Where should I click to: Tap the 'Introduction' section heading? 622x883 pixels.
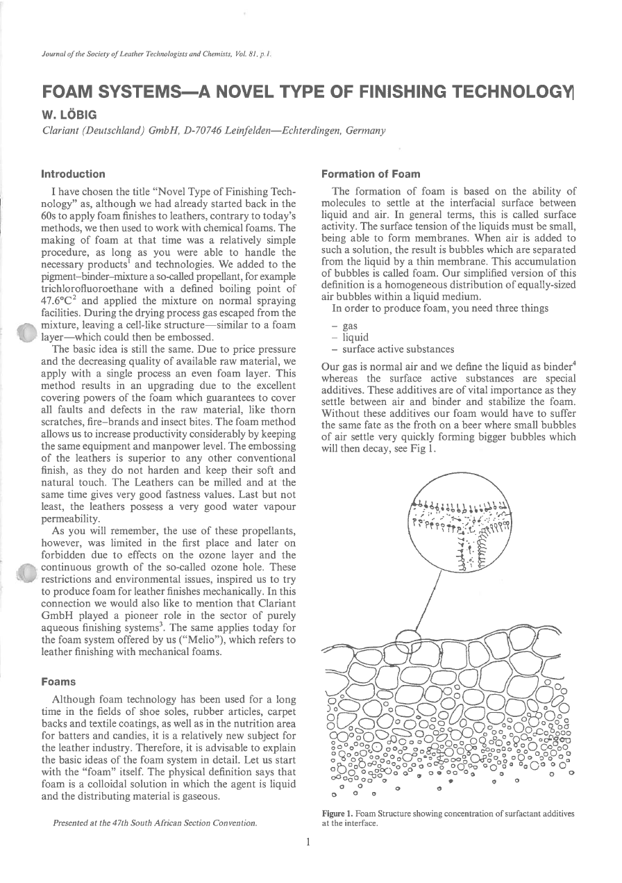coord(74,174)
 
